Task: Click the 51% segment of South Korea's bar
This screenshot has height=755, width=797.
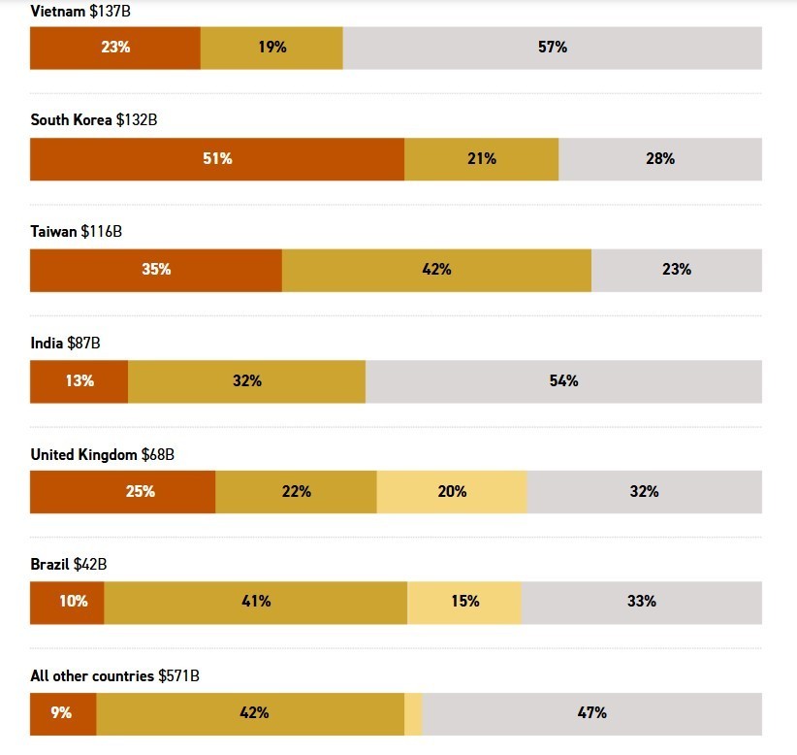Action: (217, 159)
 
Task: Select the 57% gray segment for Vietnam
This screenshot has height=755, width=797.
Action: (553, 48)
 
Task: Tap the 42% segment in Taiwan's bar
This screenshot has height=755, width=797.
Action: (436, 270)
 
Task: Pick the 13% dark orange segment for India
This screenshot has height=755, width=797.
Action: (80, 381)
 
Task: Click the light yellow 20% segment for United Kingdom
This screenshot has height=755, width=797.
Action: (452, 492)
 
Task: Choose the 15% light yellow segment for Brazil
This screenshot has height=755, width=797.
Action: (464, 602)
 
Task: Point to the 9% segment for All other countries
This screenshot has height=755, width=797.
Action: (63, 713)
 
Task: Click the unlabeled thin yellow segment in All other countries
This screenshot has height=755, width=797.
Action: (413, 713)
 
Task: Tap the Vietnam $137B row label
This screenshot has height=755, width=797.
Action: (80, 10)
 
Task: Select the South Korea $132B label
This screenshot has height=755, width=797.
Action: (93, 120)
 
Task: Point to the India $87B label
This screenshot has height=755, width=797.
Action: (65, 343)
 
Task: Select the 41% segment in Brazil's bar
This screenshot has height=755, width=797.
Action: (256, 602)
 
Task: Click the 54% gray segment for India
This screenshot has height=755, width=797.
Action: (563, 381)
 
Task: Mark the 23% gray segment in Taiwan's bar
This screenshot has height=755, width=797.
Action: (676, 270)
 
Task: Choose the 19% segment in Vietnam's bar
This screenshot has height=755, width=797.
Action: (271, 48)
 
